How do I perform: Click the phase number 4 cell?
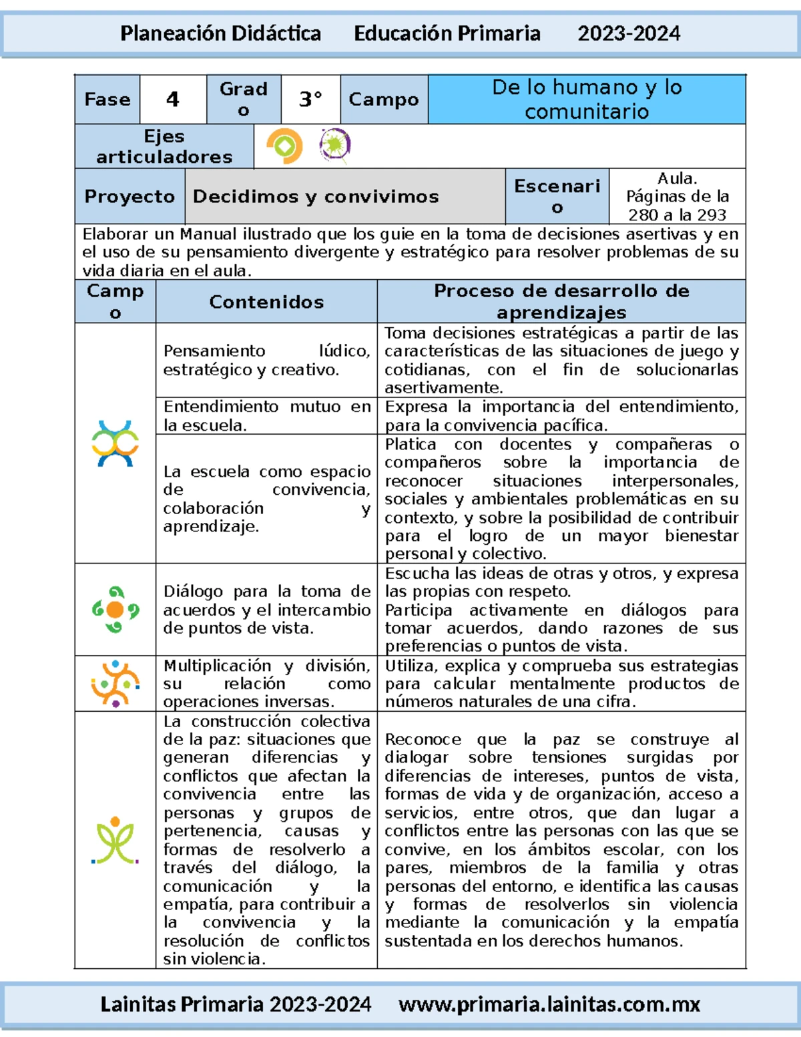(173, 99)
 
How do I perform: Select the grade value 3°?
(310, 99)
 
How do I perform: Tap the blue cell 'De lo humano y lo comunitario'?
(586, 99)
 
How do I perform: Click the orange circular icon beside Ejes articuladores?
(284, 146)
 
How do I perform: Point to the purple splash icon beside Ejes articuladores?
(334, 145)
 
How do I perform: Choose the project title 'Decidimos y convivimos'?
(316, 196)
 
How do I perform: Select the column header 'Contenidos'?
(266, 302)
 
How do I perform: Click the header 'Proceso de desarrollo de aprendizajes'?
(561, 301)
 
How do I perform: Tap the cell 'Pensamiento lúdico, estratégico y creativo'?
(266, 360)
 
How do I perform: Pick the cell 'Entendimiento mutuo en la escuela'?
(266, 415)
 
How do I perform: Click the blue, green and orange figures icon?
(115, 443)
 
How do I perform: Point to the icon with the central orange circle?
(115, 609)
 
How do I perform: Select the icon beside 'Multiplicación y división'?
(115, 683)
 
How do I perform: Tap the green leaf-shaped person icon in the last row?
(115, 841)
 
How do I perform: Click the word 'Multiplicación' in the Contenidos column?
(217, 666)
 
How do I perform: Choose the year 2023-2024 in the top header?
(628, 33)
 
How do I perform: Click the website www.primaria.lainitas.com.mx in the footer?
(549, 1004)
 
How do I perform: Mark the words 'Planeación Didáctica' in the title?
(220, 33)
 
